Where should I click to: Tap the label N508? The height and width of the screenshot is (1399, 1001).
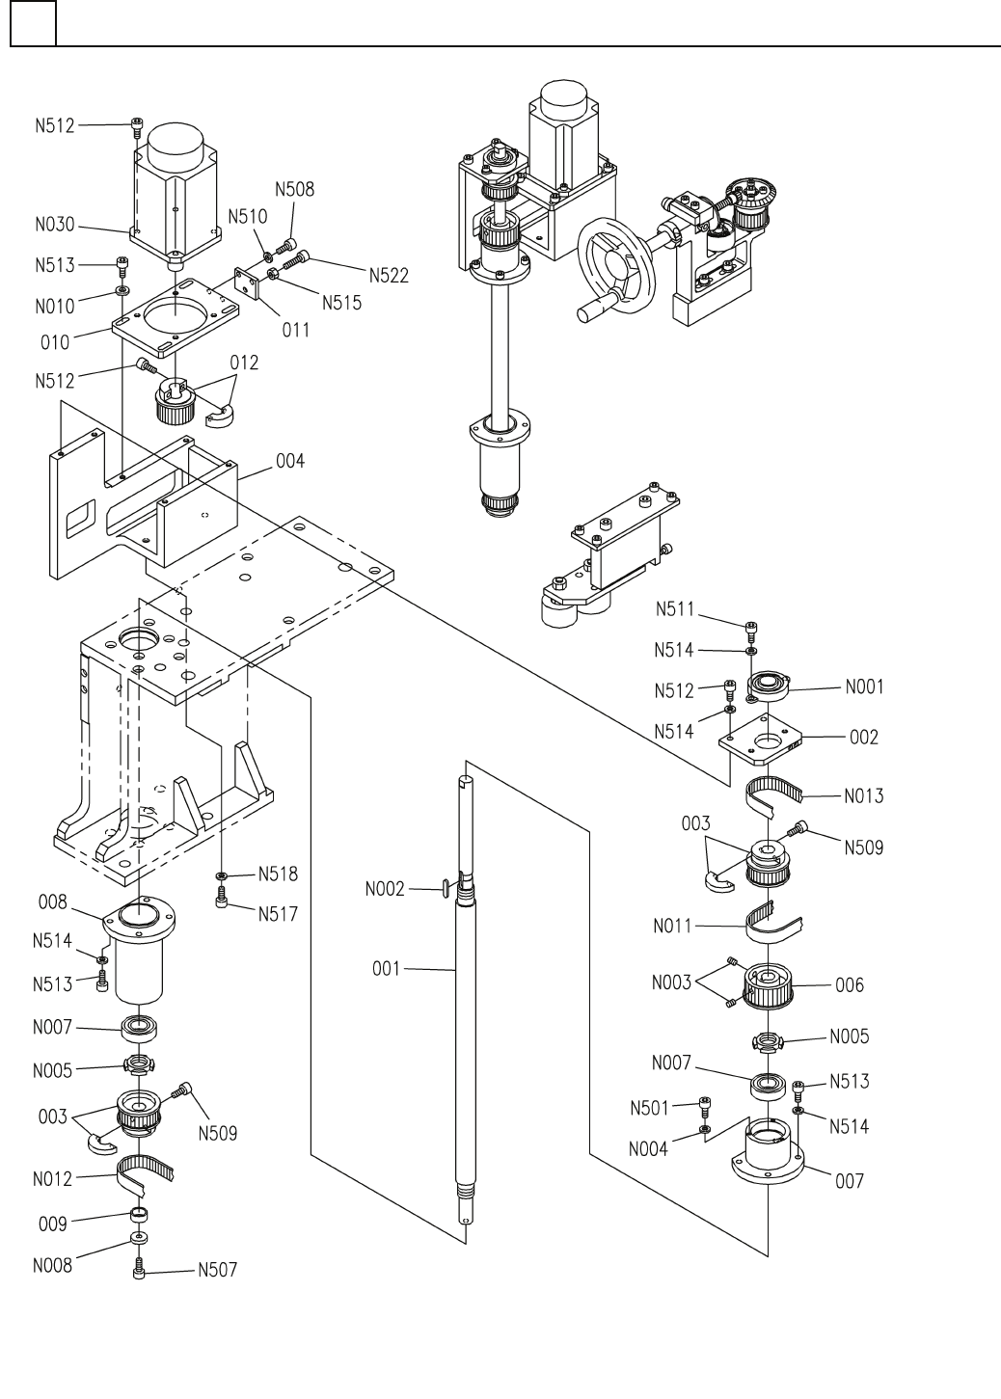tap(294, 190)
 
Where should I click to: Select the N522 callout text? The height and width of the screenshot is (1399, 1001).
tap(388, 276)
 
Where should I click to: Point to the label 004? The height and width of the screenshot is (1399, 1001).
tap(289, 462)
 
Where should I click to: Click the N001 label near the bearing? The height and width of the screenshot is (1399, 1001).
tap(864, 687)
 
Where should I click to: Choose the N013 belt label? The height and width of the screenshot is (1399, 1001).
tap(863, 796)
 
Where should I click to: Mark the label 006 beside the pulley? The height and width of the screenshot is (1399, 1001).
tap(850, 985)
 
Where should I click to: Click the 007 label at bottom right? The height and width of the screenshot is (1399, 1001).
tap(850, 1180)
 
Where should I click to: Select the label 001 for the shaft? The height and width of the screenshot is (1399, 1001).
tap(387, 967)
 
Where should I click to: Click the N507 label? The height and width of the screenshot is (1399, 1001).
tap(217, 1270)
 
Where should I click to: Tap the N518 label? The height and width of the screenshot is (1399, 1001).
tap(278, 874)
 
